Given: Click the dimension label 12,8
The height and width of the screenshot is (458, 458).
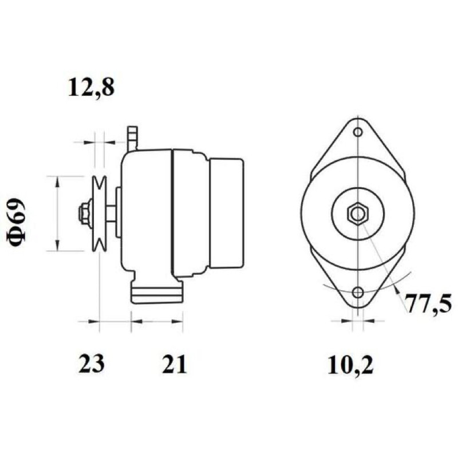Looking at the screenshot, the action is (91, 88).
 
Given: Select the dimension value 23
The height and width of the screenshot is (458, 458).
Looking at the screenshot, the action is (91, 364).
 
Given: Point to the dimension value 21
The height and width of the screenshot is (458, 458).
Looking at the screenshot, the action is (174, 364).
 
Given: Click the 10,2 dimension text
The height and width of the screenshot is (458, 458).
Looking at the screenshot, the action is (350, 365).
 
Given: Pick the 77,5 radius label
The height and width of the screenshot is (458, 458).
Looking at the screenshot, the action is (429, 304).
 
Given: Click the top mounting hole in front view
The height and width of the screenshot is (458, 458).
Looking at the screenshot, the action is (358, 132).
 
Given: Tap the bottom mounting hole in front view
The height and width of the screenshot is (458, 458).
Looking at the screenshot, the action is (358, 292).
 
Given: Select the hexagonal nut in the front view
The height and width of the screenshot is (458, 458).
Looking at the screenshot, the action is (358, 214).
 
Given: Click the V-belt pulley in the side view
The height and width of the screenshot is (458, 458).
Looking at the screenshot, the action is (99, 214).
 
